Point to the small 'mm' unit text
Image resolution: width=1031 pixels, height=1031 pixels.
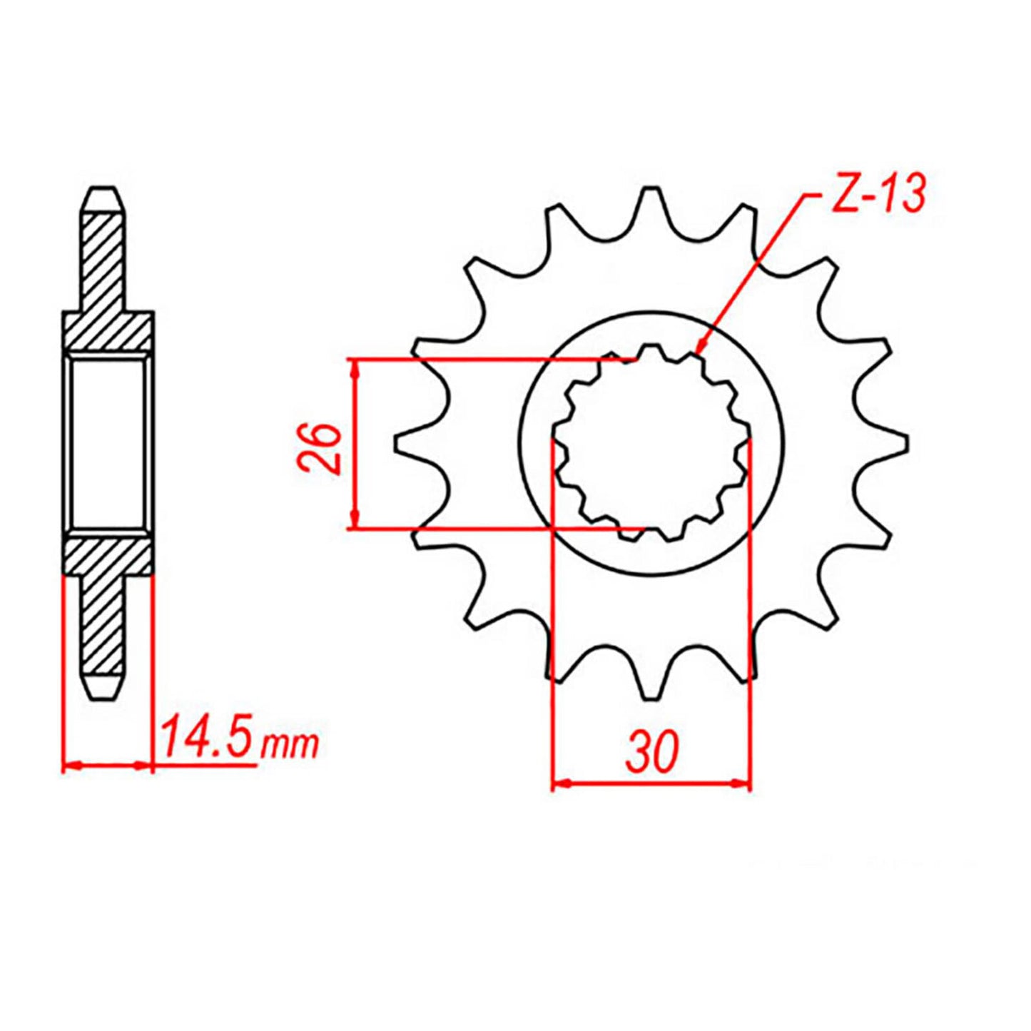point(290,745)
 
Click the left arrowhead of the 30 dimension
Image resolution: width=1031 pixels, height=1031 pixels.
point(561,783)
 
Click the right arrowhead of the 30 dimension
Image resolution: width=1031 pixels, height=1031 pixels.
point(743,783)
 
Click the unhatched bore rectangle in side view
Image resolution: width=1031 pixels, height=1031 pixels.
point(108,442)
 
